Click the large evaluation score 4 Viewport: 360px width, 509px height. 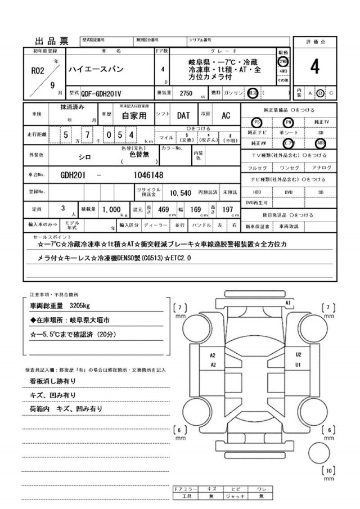click(314, 66)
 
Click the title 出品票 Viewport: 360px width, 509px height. click(52, 40)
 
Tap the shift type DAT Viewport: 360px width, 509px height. click(184, 115)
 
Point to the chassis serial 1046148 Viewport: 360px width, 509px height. click(148, 175)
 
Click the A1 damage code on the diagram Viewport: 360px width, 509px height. click(287, 303)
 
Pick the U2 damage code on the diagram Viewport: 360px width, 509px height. click(299, 355)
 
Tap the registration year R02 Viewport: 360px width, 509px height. click(36, 72)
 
